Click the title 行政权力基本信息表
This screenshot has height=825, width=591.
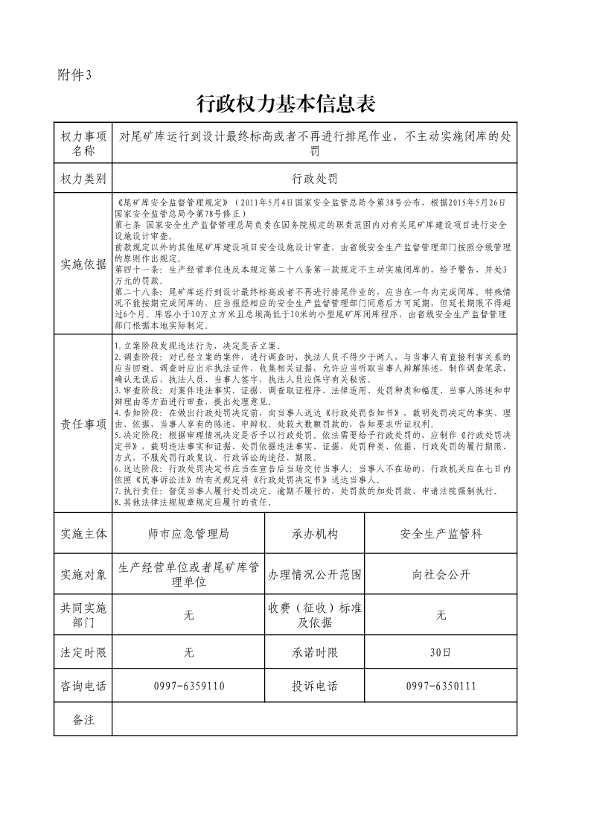point(285,103)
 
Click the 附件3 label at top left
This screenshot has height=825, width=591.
point(74,74)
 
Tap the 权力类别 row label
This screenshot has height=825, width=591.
point(83,179)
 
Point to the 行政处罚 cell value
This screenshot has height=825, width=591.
point(314,179)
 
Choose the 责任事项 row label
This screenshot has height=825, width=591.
point(83,424)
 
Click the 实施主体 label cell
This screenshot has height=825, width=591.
point(83,534)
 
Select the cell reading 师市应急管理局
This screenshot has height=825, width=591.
point(188,534)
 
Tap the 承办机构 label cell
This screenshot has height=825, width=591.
point(315,534)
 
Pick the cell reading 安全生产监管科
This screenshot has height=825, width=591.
point(441,534)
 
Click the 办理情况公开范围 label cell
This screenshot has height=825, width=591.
point(315,575)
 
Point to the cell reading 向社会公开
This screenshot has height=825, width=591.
point(441,575)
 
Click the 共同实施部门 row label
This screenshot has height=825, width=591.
point(83,615)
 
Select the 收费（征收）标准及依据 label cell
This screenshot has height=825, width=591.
point(315,615)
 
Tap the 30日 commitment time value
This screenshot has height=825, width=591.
point(441,653)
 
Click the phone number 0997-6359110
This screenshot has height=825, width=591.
point(188,686)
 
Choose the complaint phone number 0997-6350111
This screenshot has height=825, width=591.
point(441,686)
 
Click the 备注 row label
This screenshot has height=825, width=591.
point(83,719)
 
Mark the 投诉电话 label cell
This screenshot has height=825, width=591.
point(315,686)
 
